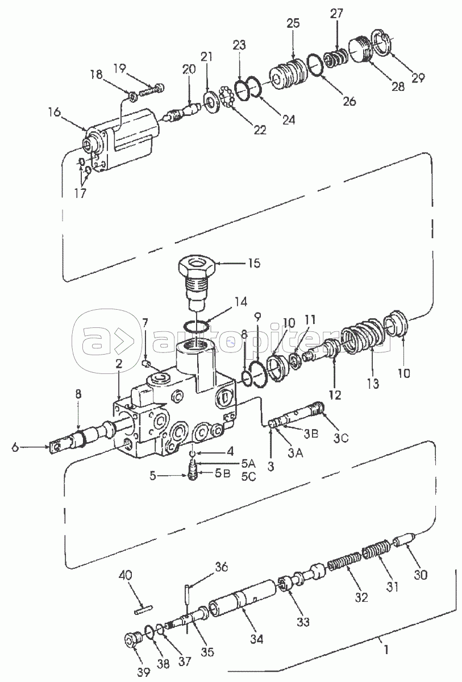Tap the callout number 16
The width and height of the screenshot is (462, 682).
pos(55,113)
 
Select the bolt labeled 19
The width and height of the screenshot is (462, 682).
pos(152,89)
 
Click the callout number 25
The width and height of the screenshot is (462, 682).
pos(293,23)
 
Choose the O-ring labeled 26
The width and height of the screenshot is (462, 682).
pos(315,65)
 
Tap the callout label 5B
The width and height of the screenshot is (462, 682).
pos(223,473)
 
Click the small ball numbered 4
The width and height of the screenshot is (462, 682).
pos(192,454)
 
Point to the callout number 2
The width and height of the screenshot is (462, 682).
pos(118,364)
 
